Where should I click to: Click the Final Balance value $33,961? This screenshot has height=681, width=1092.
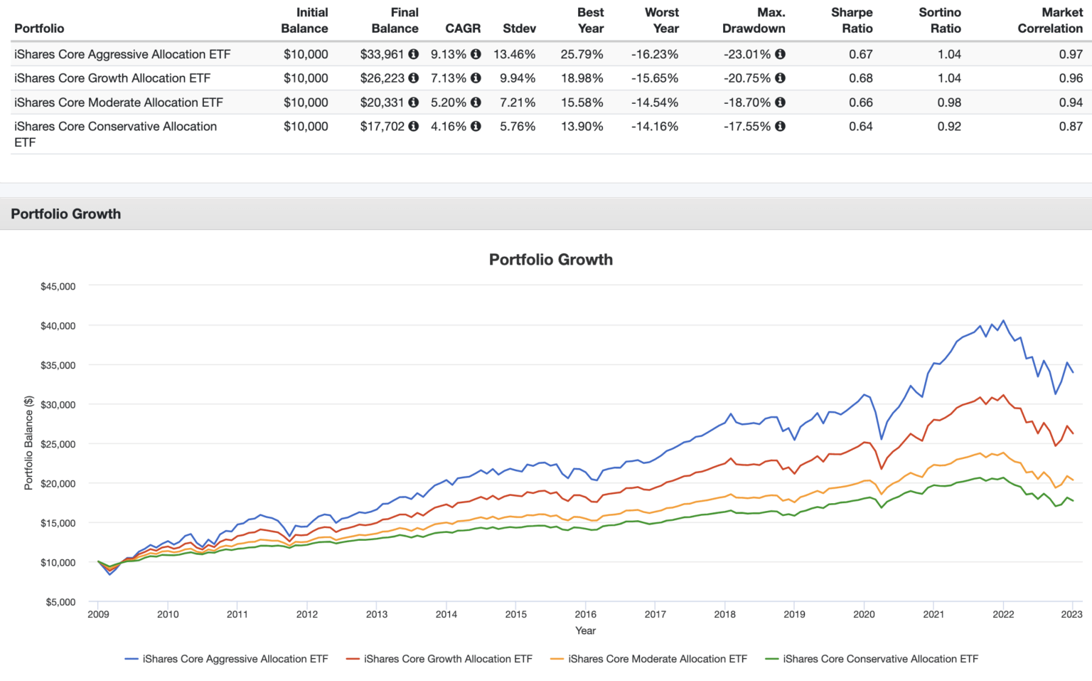coord(382,54)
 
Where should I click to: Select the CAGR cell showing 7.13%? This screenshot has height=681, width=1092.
coord(448,78)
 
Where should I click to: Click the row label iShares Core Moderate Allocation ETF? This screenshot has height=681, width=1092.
coord(119,102)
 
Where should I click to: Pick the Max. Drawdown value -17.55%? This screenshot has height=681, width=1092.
coord(746,127)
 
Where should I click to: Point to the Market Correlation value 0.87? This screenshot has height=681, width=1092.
coord(1071,127)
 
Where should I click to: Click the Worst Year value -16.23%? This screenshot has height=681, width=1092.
coord(655,54)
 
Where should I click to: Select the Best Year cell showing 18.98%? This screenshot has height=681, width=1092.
coord(582,78)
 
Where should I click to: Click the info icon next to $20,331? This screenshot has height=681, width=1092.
coord(413,102)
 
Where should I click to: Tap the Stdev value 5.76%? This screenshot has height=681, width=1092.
coord(518,127)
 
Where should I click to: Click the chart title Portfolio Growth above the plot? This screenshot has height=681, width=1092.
coord(550,260)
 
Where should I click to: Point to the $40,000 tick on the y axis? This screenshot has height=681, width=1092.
coord(58,326)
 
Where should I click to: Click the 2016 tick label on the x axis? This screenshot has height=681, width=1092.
coord(585,614)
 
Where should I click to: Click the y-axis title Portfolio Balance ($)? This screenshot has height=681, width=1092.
coord(28,443)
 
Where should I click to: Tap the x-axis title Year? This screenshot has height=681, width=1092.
coord(585,630)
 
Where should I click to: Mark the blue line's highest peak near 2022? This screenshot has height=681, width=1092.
coord(1003,320)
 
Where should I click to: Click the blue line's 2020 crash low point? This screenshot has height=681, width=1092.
coord(882,439)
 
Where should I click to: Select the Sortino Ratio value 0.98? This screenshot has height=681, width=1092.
coord(948,102)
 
